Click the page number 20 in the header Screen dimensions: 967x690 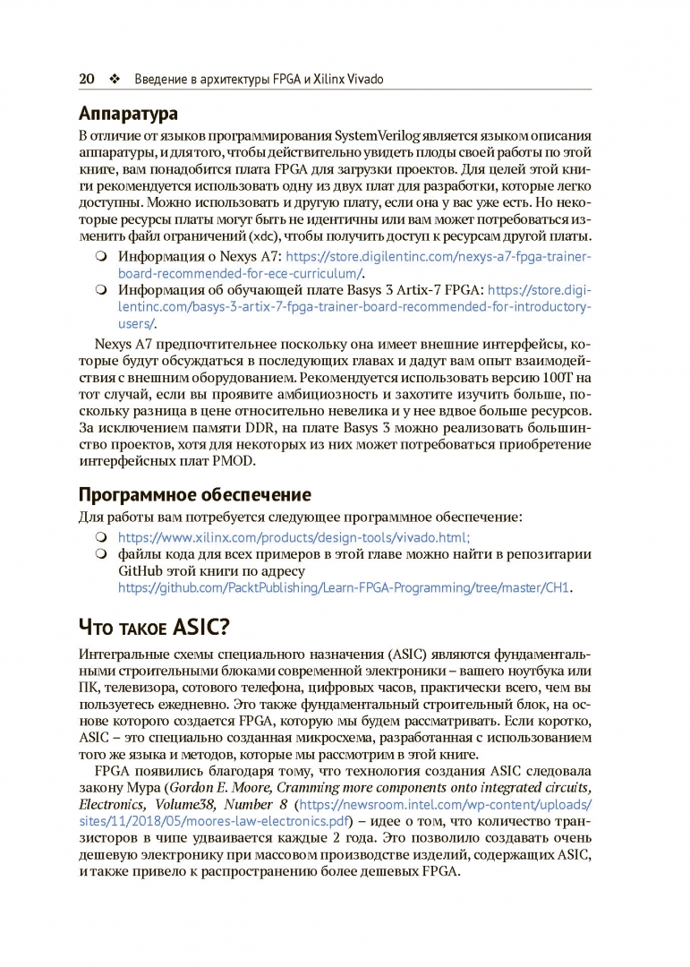pos(87,79)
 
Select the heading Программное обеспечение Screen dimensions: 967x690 pos(195,494)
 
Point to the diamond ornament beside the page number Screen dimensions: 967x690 pos(114,79)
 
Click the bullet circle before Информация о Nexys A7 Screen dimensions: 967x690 pos(101,257)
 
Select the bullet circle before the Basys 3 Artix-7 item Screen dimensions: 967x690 pos(101,290)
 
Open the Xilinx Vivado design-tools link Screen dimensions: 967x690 pos(294,537)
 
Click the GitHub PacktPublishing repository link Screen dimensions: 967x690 pos(345,587)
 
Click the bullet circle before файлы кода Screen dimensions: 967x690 pos(101,554)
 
